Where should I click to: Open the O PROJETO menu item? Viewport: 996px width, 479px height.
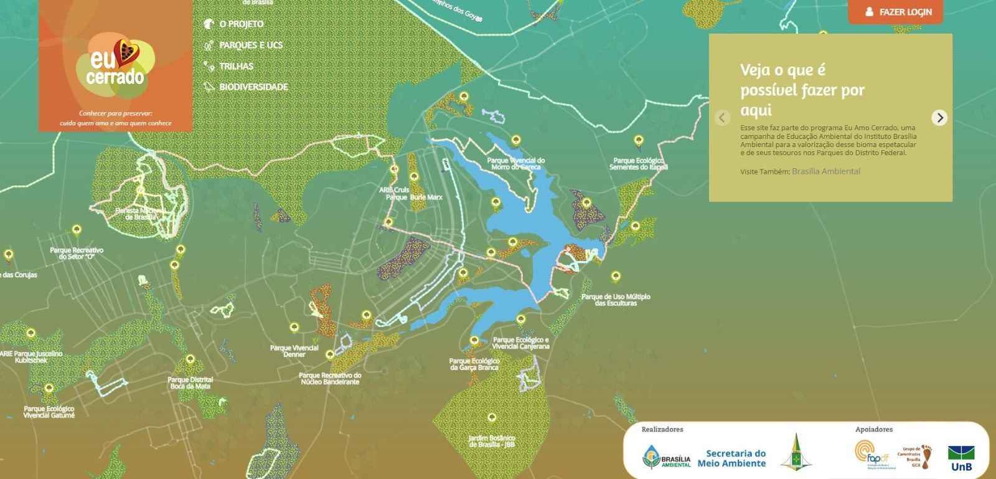click(241, 24)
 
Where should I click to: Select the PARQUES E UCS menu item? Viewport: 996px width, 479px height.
click(250, 45)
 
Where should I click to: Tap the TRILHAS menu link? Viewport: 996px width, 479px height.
click(236, 67)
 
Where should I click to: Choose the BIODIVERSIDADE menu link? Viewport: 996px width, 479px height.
click(253, 87)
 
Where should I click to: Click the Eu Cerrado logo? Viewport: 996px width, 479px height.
click(116, 66)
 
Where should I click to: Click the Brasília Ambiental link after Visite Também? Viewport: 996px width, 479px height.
click(825, 171)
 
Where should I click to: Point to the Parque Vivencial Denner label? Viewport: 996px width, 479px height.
click(294, 351)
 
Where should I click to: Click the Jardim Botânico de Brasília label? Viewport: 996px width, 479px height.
click(492, 442)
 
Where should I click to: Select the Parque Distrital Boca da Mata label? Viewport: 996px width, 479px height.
click(190, 383)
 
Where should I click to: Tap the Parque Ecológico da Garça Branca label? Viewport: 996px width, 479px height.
click(474, 364)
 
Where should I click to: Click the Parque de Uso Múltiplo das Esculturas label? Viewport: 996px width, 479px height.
click(616, 300)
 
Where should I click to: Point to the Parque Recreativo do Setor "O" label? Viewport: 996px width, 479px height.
click(77, 254)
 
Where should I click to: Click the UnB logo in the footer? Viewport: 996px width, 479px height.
click(961, 458)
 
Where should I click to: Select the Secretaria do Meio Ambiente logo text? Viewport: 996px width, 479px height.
click(731, 458)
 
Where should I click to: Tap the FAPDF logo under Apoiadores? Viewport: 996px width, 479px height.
click(872, 455)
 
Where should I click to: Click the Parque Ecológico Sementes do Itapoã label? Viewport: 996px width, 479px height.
click(638, 164)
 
